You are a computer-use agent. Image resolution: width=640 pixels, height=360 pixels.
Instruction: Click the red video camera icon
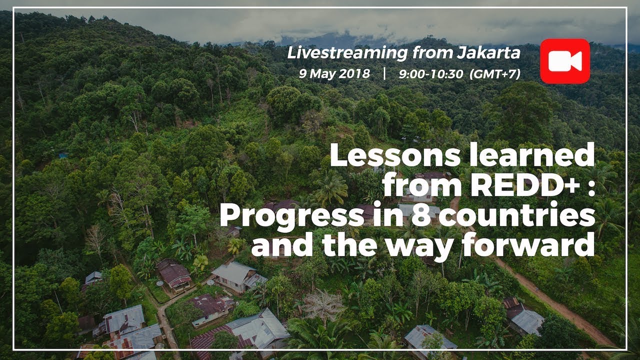(564, 61)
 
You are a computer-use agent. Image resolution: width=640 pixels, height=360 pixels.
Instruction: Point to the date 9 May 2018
(334, 74)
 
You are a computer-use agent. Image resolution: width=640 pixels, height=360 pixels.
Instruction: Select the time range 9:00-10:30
(430, 74)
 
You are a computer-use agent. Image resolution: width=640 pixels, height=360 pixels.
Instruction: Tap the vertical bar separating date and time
(384, 74)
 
